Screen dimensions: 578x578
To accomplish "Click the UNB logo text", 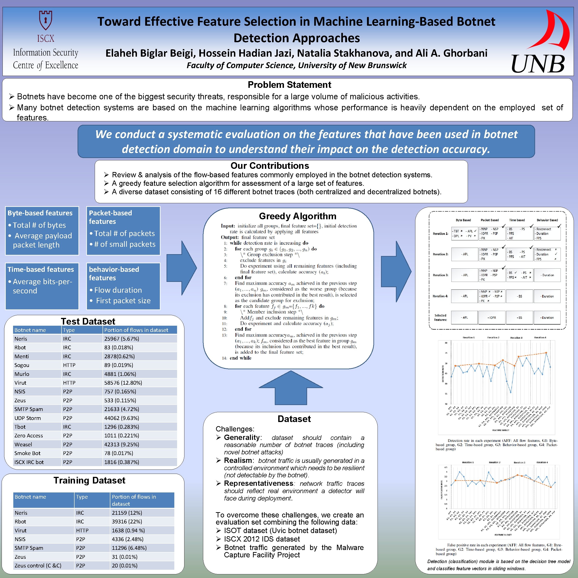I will [x=538, y=64].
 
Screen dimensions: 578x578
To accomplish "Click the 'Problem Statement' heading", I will [x=289, y=85].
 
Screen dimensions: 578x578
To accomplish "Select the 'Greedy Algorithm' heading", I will [x=297, y=216].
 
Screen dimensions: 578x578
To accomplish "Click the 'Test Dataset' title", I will [x=88, y=321].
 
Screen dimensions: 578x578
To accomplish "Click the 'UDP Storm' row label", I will [x=28, y=418].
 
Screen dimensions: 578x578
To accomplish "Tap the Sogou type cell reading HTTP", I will [x=69, y=365].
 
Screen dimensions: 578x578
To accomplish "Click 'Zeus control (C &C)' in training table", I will [x=38, y=565].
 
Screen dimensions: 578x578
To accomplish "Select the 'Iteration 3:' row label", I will [x=440, y=275].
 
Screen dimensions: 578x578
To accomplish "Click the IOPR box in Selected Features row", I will [x=492, y=317].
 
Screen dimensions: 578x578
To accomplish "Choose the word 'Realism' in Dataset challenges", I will [x=238, y=460].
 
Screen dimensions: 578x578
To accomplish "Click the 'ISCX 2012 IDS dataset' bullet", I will [x=262, y=539].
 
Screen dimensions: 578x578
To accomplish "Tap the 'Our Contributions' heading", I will [x=270, y=166].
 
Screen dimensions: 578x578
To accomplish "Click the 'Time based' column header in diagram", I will [x=517, y=220].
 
